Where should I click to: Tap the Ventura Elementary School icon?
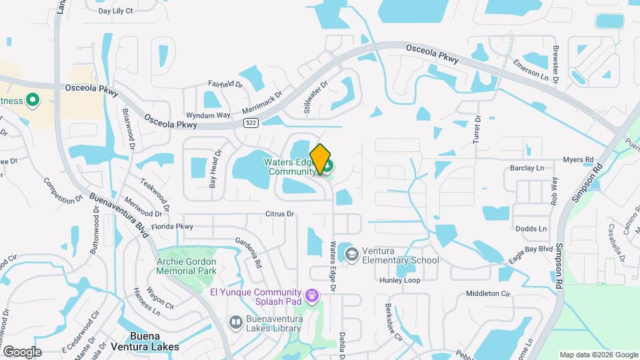[351, 254]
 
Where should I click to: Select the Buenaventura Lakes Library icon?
[235, 323]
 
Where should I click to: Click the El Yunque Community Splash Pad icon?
[311, 295]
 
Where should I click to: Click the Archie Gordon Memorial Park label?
[187, 265]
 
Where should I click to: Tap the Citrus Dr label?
[279, 214]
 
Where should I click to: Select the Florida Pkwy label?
[171, 227]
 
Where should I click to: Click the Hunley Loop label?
[400, 281]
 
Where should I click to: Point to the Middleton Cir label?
[487, 293]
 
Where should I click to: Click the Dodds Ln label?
[531, 229]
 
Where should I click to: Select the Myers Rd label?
[577, 160]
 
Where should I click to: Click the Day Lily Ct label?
[115, 11]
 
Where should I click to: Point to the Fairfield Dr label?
[225, 84]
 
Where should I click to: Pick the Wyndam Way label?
[208, 115]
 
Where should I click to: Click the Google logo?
[22, 351]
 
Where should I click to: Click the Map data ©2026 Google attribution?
[598, 355]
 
